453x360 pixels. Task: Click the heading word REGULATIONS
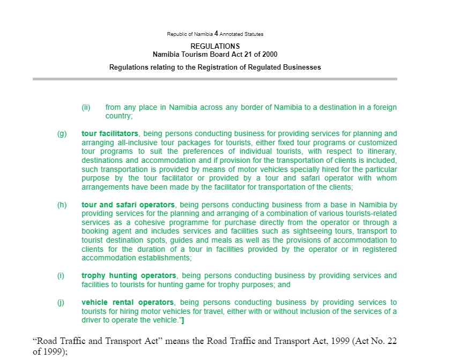(x=215, y=47)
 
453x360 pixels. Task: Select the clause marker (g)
(x=62, y=134)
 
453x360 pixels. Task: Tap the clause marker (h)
(x=62, y=205)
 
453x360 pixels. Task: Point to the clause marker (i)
(x=61, y=276)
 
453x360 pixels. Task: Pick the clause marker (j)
(x=61, y=303)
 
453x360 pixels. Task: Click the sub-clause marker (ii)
(x=86, y=107)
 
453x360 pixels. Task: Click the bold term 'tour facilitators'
(x=110, y=134)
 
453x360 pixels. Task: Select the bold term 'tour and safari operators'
(x=128, y=205)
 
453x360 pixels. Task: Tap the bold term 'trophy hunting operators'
(x=129, y=276)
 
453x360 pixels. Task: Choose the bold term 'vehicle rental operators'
(x=128, y=303)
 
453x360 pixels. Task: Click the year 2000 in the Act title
(x=268, y=54)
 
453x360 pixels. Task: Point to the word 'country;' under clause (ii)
(x=118, y=116)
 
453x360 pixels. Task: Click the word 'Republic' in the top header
(x=176, y=34)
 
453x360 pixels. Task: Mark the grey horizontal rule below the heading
(x=215, y=79)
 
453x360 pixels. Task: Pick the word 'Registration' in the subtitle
(x=210, y=67)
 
